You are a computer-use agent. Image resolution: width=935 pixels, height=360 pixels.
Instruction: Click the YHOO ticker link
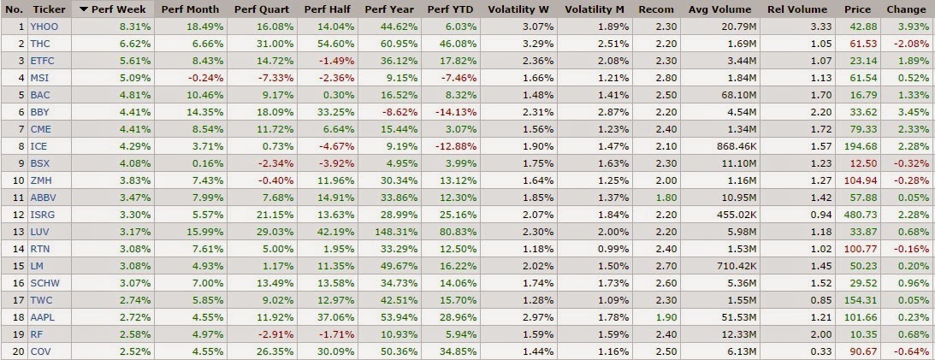(42, 27)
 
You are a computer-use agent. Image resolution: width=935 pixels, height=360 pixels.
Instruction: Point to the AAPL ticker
(42, 316)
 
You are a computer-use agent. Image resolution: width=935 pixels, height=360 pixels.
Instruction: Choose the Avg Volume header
(720, 9)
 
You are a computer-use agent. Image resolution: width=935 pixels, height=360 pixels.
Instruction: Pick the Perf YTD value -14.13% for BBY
(457, 111)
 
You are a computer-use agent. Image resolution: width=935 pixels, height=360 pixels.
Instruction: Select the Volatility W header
(519, 9)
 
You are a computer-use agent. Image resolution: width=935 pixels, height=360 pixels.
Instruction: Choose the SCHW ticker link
(44, 281)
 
